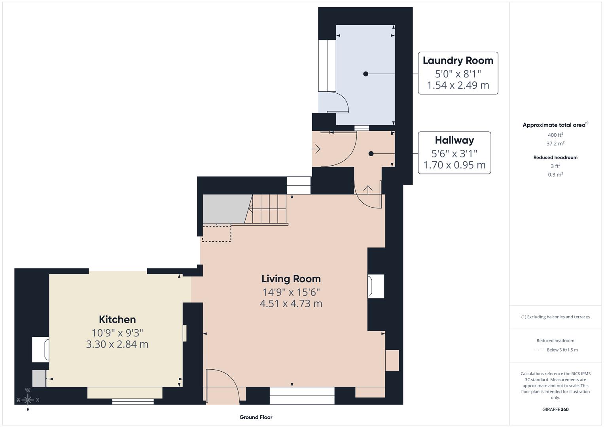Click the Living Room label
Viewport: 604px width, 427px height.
[291, 279]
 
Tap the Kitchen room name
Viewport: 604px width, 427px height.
[117, 319]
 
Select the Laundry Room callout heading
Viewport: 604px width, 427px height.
[458, 60]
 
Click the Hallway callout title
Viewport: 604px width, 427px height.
[454, 140]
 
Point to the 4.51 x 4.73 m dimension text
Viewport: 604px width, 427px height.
[291, 304]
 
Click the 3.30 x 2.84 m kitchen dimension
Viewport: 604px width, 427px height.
[117, 344]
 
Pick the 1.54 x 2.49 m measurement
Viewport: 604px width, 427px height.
[458, 85]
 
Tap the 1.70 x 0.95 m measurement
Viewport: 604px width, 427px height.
[454, 165]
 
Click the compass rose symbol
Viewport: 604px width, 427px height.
[28, 400]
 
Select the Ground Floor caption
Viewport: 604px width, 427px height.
[256, 417]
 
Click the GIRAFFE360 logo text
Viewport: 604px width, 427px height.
[555, 409]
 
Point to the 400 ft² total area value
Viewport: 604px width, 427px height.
[555, 135]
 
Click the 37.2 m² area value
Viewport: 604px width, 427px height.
[555, 144]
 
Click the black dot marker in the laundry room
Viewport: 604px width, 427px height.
[365, 74]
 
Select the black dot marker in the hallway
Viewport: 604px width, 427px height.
[371, 154]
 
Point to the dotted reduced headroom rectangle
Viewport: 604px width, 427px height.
[216, 233]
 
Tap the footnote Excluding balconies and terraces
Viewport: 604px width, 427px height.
[555, 317]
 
